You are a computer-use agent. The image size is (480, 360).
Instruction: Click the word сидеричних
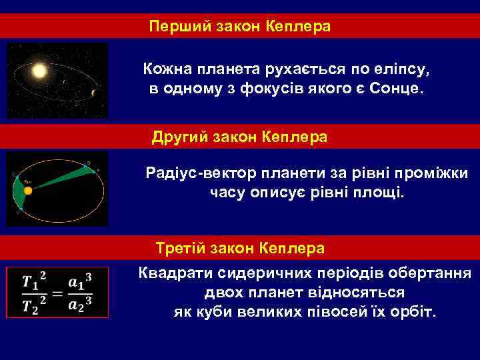[x=257, y=274]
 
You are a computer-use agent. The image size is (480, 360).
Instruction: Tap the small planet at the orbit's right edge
[x=93, y=93]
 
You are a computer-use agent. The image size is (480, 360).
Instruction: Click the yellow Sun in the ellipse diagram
[x=28, y=191]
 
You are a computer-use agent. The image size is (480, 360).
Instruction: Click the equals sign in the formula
[x=57, y=293]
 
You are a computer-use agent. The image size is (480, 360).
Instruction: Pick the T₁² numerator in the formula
[x=34, y=281]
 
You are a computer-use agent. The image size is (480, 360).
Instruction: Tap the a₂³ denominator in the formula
[x=80, y=305]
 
